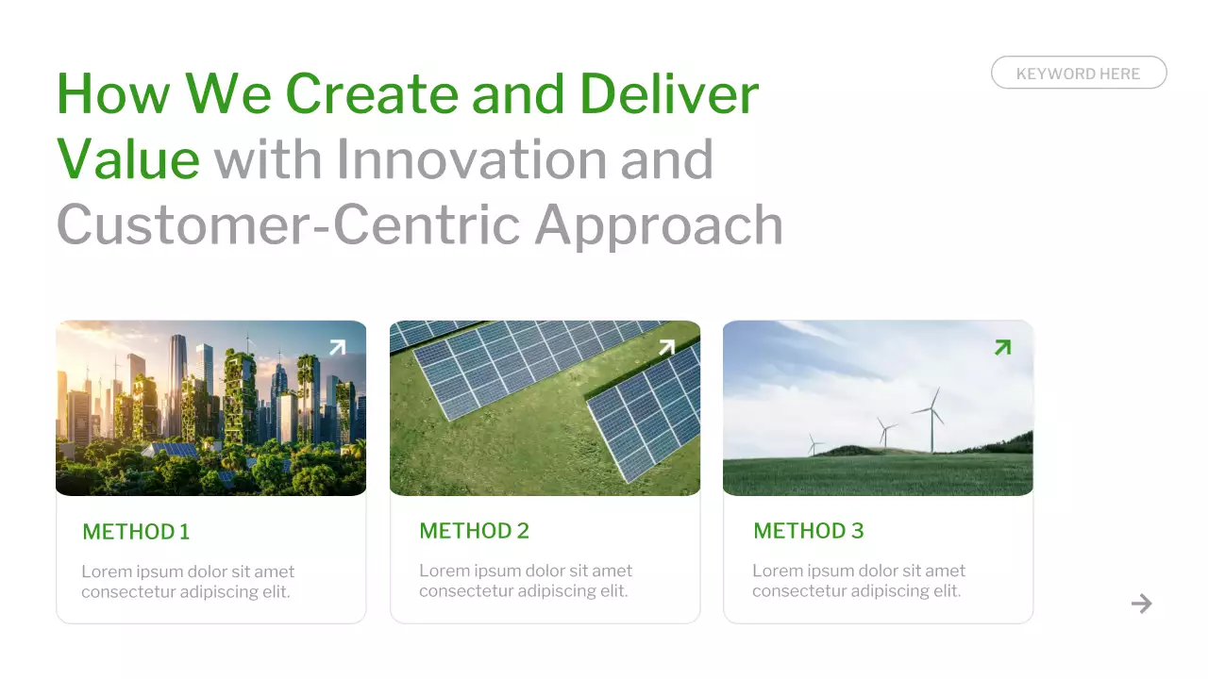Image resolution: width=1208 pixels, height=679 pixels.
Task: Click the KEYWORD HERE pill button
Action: click(1078, 73)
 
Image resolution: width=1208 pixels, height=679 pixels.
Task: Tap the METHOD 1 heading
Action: click(136, 532)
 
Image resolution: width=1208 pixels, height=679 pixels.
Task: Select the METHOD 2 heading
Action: click(474, 531)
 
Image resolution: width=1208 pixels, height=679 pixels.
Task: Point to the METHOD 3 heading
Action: click(808, 531)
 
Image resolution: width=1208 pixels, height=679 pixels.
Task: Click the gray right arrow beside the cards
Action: click(1142, 604)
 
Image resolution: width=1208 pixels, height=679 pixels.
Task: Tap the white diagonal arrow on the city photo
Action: click(337, 347)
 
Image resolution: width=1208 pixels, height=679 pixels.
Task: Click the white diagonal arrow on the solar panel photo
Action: click(666, 347)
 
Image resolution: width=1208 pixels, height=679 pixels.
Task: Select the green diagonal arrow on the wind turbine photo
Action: click(1002, 347)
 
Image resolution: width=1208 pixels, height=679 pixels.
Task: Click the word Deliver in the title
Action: click(668, 93)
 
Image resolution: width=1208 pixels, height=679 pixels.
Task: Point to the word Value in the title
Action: click(128, 158)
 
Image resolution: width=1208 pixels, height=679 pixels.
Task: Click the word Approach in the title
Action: click(659, 224)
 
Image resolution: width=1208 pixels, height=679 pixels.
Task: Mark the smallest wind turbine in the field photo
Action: click(814, 445)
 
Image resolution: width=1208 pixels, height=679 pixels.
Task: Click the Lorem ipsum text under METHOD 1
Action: click(188, 582)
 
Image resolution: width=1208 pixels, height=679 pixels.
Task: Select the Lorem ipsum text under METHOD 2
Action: click(526, 581)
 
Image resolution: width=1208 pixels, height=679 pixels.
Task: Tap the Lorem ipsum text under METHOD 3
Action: click(859, 581)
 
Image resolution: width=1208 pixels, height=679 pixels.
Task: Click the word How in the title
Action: click(113, 93)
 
